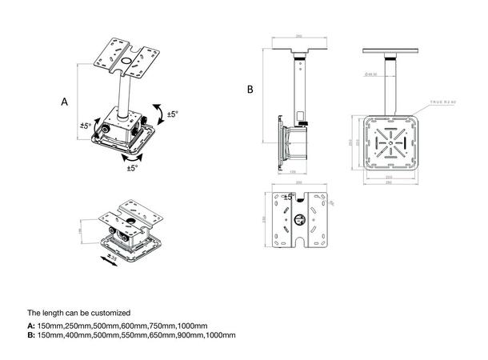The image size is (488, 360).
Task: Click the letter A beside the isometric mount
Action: click(64, 102)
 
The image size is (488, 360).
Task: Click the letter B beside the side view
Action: click(250, 90)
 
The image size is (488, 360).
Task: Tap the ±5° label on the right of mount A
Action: click(172, 114)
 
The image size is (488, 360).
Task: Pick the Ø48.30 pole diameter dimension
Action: click(371, 74)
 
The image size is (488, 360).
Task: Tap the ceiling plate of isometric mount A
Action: click(129, 58)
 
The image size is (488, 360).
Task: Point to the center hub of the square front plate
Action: click(387, 146)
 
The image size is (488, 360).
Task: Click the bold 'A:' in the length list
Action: click(31, 326)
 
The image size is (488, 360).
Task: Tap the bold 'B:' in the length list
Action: click(31, 336)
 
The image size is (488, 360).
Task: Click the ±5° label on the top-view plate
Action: click(289, 196)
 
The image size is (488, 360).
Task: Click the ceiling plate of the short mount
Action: click(135, 212)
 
